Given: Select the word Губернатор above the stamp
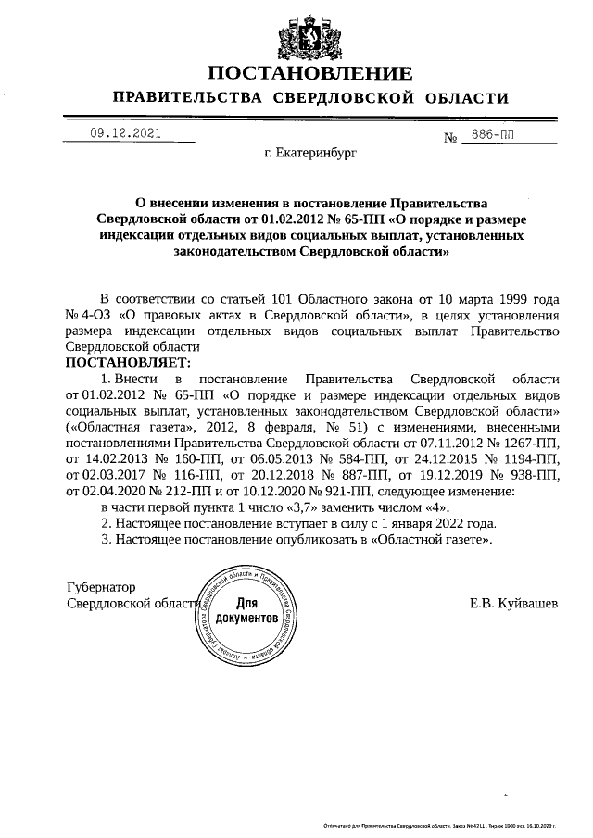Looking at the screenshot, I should tap(102, 587).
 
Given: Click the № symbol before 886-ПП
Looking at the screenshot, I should tap(453, 138).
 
